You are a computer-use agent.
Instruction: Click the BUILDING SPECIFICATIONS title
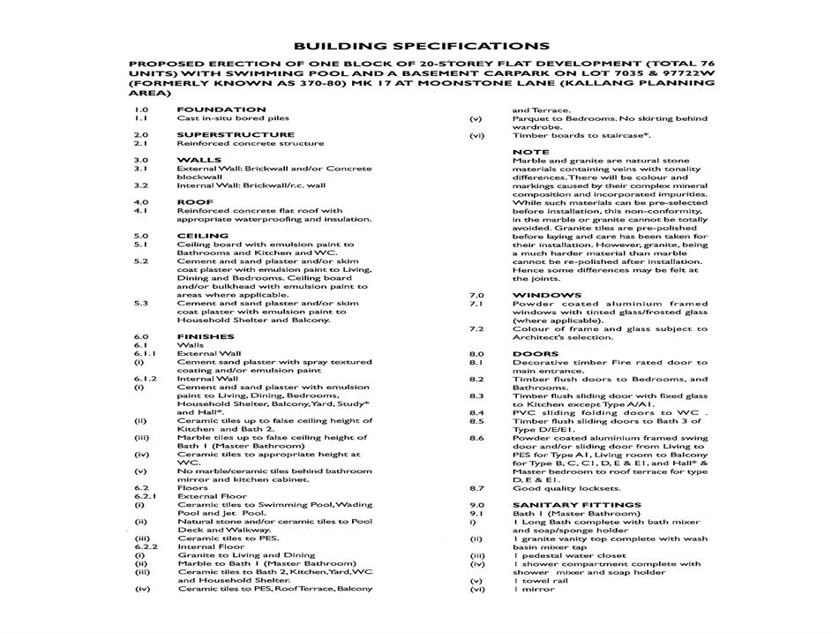click(421, 46)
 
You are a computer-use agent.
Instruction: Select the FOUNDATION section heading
click(221, 109)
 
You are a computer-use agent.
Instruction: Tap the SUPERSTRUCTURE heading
click(236, 135)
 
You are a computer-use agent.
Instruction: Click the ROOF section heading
click(195, 202)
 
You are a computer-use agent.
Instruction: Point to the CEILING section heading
click(203, 236)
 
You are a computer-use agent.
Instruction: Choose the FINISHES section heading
click(206, 336)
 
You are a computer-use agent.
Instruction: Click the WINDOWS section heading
click(546, 295)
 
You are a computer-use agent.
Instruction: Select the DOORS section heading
click(536, 354)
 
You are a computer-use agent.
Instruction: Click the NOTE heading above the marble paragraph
click(530, 152)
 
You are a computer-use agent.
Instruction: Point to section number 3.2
click(141, 185)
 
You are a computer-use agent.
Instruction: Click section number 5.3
click(141, 303)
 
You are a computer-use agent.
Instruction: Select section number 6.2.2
click(144, 546)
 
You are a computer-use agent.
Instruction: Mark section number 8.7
click(476, 488)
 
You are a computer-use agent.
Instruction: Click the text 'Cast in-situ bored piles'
click(233, 118)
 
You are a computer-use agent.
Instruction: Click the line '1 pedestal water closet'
click(569, 555)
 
